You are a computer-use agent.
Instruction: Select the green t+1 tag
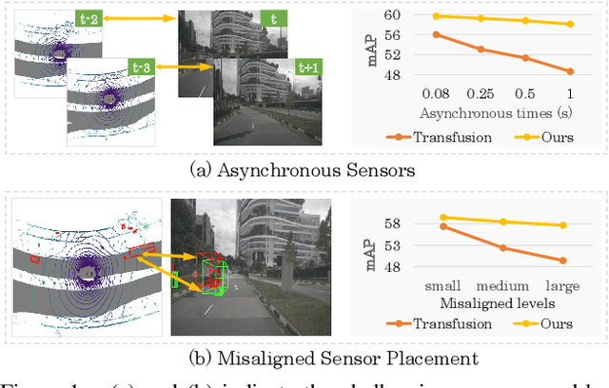click(x=309, y=68)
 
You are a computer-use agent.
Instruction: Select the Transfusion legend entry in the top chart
click(x=439, y=136)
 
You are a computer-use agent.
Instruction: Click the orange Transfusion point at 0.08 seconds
click(x=437, y=34)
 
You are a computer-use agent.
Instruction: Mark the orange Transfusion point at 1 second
click(x=569, y=71)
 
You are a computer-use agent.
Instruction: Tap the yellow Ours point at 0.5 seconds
click(x=524, y=21)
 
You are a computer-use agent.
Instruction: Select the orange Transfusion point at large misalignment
click(x=563, y=260)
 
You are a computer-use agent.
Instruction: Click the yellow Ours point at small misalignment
click(x=443, y=217)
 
